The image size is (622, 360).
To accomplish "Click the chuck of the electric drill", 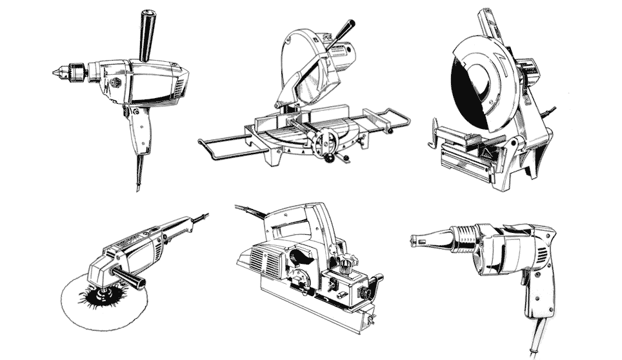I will tap(74, 72).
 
